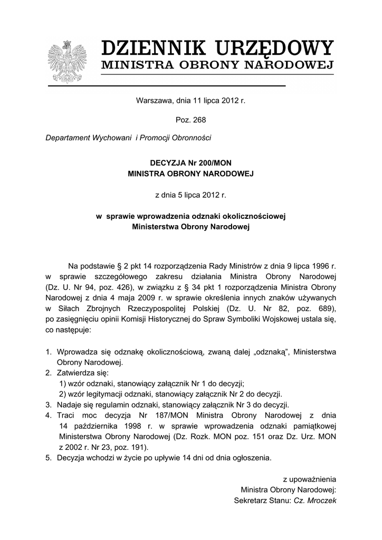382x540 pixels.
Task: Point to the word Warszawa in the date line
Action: click(x=152, y=100)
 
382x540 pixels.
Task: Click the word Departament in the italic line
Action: click(x=66, y=138)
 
